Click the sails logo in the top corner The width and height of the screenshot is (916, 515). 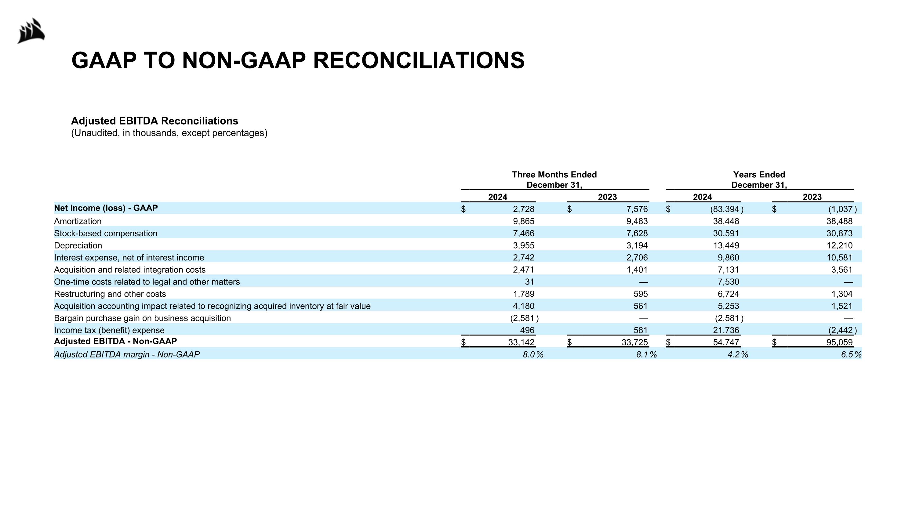(x=31, y=31)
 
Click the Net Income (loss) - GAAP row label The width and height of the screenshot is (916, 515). (x=106, y=208)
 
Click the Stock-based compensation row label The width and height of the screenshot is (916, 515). (x=106, y=234)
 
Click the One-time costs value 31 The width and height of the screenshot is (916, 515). (x=529, y=282)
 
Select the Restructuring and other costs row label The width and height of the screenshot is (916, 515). (x=110, y=294)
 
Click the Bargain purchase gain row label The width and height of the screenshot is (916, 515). (x=142, y=318)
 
